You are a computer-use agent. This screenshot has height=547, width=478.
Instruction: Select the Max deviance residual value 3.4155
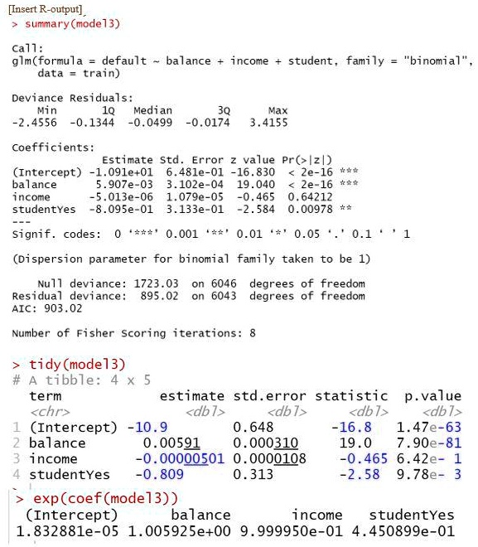[x=268, y=122]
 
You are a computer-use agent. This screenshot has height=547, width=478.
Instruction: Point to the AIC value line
[x=47, y=307]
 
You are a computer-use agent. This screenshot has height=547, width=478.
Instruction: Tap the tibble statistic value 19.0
[x=362, y=443]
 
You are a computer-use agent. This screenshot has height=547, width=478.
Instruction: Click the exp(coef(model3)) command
[x=105, y=498]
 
